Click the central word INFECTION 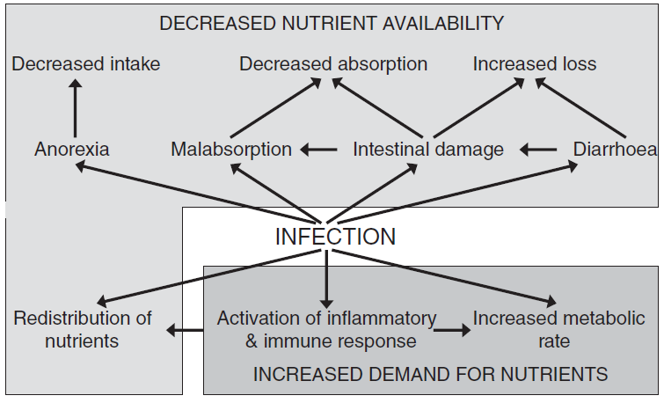click(x=335, y=237)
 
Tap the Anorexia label click(x=72, y=150)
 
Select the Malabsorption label click(x=231, y=150)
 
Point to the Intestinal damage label click(x=428, y=150)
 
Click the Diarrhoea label click(x=615, y=150)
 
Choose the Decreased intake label click(x=86, y=64)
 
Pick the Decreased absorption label click(x=333, y=64)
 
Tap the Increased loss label click(x=535, y=64)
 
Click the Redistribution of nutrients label click(x=82, y=330)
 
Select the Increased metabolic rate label click(x=558, y=330)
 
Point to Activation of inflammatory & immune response click(x=326, y=330)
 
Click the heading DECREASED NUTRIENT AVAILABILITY click(x=332, y=23)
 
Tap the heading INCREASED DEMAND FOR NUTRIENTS click(x=430, y=374)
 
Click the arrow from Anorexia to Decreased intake click(x=75, y=108)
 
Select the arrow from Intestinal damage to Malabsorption click(x=318, y=150)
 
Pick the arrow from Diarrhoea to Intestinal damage click(x=538, y=150)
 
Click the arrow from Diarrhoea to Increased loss click(x=580, y=107)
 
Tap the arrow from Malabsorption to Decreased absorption click(x=275, y=107)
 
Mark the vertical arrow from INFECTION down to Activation click(x=326, y=279)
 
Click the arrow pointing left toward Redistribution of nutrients click(x=185, y=330)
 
